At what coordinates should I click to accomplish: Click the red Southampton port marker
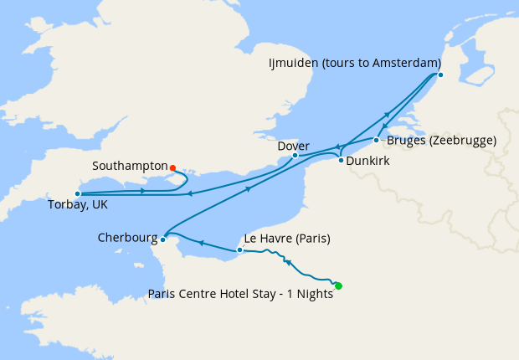pyautogui.click(x=172, y=167)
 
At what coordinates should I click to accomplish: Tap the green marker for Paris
pyautogui.click(x=338, y=286)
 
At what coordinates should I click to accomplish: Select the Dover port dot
pyautogui.click(x=295, y=155)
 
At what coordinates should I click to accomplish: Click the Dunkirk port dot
pyautogui.click(x=341, y=159)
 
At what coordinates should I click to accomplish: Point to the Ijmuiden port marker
pyautogui.click(x=440, y=75)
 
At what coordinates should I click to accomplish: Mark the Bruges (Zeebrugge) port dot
pyautogui.click(x=376, y=140)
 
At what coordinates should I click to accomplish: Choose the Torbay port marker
pyautogui.click(x=77, y=193)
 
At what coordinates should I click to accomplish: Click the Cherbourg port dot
pyautogui.click(x=162, y=239)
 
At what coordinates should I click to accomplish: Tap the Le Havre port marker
pyautogui.click(x=240, y=249)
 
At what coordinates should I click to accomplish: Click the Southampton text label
pyautogui.click(x=131, y=167)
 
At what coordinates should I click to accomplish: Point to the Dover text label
pyautogui.click(x=293, y=144)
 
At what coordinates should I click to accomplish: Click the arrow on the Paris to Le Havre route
pyautogui.click(x=287, y=263)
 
